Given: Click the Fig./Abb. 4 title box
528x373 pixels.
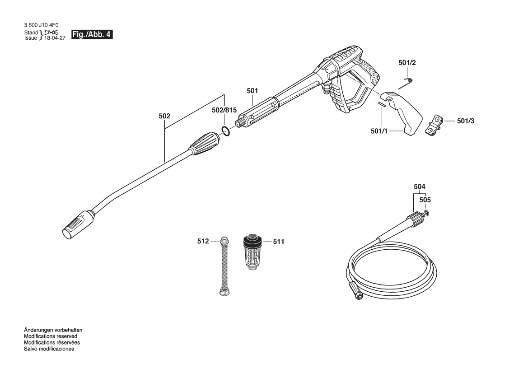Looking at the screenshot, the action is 92,34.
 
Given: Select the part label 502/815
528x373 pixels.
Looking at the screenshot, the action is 224,110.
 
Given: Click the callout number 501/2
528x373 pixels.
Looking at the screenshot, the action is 407,63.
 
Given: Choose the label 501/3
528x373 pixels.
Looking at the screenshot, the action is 466,121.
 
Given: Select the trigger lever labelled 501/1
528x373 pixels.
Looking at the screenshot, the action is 402,113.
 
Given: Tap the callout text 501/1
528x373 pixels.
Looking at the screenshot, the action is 379,131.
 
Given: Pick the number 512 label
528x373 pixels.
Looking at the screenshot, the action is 203,242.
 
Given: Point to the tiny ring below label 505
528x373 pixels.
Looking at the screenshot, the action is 427,212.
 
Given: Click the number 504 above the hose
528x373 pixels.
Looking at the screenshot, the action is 420,186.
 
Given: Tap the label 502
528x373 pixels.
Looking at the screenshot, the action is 164,116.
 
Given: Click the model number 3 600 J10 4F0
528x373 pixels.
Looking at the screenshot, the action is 41,25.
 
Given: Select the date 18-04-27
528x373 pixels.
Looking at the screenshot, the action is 55,38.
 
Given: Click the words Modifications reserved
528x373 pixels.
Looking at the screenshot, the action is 51,336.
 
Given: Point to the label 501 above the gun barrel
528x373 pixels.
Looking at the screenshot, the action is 252,91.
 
